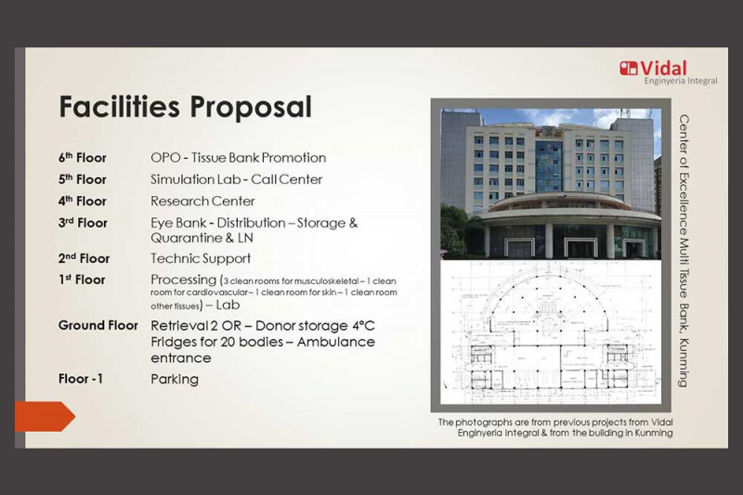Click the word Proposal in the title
[x=251, y=108]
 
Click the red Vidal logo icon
[x=629, y=68]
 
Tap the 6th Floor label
[x=83, y=158]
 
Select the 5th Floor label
[x=83, y=179]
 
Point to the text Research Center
[x=202, y=202]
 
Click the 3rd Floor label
[x=83, y=223]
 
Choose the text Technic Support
[x=201, y=258]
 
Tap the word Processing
[x=183, y=280]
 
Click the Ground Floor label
[x=98, y=325]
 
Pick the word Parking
[x=175, y=380]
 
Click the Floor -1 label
[x=81, y=379]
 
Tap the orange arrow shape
[x=45, y=416]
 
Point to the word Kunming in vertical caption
[x=683, y=363]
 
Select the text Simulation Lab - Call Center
[x=237, y=179]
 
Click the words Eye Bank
[x=178, y=223]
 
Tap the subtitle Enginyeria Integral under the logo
[x=681, y=81]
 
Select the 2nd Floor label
[x=84, y=258]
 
